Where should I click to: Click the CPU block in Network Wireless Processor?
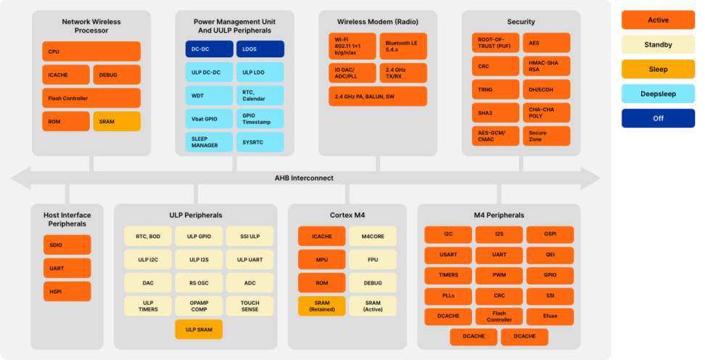[x=91, y=52]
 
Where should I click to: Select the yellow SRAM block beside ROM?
[x=117, y=121]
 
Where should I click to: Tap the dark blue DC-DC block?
[x=210, y=49]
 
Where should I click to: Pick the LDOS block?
[x=260, y=49]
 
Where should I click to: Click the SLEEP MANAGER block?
[x=210, y=142]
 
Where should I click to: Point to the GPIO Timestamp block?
[x=260, y=119]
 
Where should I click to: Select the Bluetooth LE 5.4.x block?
[x=403, y=46]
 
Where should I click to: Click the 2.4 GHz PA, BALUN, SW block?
[x=378, y=97]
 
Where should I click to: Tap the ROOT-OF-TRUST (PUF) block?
[x=495, y=43]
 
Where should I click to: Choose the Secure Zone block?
[x=547, y=136]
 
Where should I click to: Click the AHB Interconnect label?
[x=305, y=179]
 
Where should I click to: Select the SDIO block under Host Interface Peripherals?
[x=67, y=245]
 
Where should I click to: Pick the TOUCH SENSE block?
[x=250, y=306]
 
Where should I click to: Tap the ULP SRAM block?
[x=199, y=330]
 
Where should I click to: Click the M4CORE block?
[x=373, y=237]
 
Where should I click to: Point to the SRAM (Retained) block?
[x=322, y=306]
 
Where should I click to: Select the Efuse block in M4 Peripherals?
[x=550, y=316]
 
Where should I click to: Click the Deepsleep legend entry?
[x=659, y=94]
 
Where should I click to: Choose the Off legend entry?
[x=659, y=118]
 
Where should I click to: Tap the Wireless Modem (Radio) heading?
[x=378, y=22]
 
